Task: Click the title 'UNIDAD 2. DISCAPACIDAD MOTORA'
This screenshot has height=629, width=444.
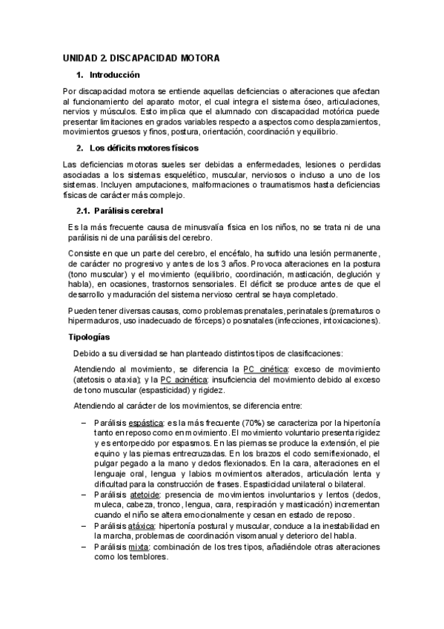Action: [141, 57]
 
